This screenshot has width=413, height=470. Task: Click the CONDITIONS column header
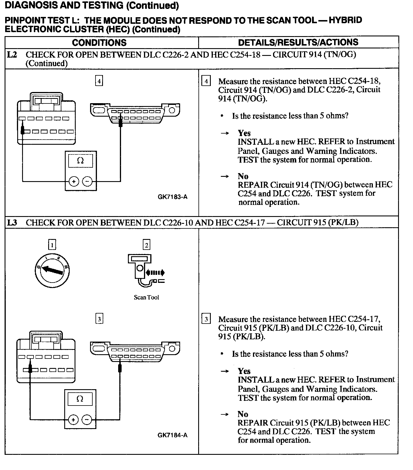coord(99,42)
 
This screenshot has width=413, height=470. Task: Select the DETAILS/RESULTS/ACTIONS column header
coord(298,42)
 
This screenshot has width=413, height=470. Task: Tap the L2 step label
coord(12,54)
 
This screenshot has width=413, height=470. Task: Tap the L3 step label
coord(12,222)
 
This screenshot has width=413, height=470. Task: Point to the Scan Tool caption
coord(146,297)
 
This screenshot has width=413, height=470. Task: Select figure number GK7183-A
coord(172,197)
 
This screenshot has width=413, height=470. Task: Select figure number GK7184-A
coord(172,435)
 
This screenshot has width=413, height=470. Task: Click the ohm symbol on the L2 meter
coord(81,161)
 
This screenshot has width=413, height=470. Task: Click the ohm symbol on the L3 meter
coord(80,399)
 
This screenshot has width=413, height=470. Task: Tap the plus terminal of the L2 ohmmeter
coord(74,181)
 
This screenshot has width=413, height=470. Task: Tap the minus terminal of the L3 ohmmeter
coord(87,420)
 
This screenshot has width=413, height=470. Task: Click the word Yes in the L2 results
coord(244,133)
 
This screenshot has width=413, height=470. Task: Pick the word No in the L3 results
coord(243,414)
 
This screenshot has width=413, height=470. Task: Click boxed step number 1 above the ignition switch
coord(52,245)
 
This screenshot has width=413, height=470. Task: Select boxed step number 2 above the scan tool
coord(146,245)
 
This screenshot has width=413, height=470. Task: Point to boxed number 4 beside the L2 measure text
coord(206,81)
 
